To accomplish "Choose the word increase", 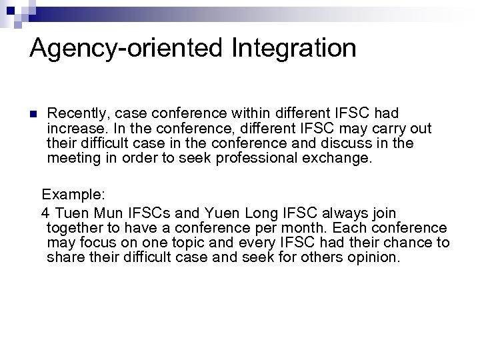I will click(75, 128).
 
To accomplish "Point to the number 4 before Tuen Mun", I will click(45, 213).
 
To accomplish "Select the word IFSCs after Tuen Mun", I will click(147, 213).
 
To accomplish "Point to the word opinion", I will click(371, 257).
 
